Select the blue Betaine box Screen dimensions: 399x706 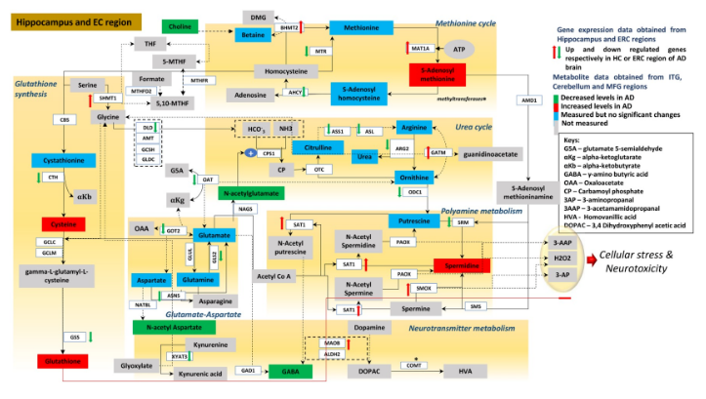(x=252, y=35)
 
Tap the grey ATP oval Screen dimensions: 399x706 (x=457, y=47)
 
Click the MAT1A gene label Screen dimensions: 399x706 (x=421, y=47)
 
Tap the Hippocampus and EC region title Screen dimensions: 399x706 (x=73, y=20)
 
